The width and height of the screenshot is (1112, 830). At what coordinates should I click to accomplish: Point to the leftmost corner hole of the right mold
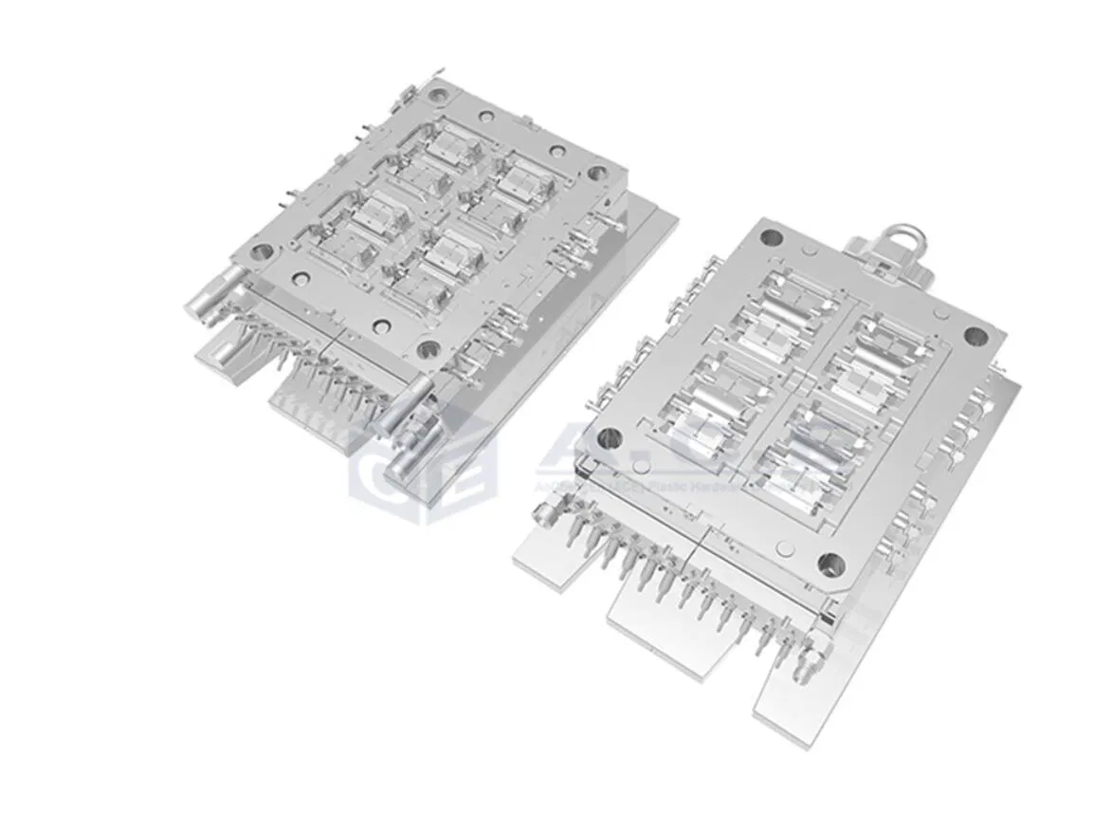(610, 438)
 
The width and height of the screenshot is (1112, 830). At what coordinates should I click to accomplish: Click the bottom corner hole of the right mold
(830, 564)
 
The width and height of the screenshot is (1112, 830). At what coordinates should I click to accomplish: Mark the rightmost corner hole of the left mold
(597, 173)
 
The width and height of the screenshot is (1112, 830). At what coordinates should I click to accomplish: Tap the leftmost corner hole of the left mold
(262, 252)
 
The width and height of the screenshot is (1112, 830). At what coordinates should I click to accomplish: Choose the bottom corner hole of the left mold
(428, 350)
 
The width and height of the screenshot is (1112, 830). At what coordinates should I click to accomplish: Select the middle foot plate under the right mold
(673, 626)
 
